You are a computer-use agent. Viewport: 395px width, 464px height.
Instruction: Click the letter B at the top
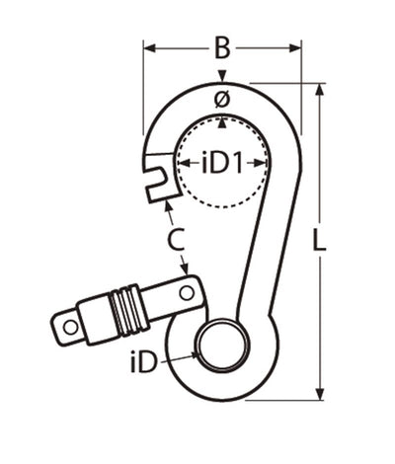coord(222,45)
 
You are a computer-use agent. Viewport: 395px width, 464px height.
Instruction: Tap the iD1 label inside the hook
coord(222,161)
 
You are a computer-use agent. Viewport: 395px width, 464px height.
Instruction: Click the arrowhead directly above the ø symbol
coord(223,78)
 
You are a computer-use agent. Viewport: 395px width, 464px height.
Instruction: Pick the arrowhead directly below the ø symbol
coord(223,120)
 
